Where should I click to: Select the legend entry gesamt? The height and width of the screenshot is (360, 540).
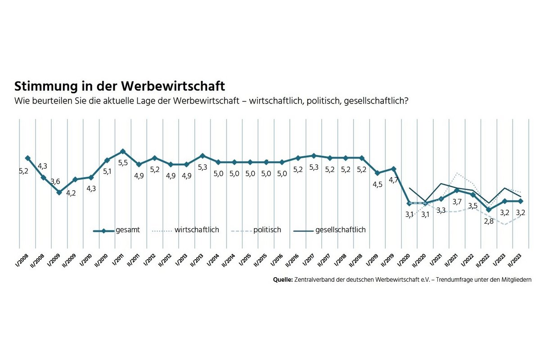pos(127,230)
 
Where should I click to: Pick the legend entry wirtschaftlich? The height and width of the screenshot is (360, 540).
pos(197,230)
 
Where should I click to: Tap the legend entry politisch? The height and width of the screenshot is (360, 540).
pos(267,230)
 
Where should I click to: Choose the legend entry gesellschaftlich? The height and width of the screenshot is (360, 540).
pos(340,230)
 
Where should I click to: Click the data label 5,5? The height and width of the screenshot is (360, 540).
pos(123,162)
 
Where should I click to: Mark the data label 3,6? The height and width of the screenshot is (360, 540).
pos(54,182)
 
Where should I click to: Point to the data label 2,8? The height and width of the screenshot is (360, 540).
pos(489,221)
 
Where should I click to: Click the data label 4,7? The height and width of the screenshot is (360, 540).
pos(394,180)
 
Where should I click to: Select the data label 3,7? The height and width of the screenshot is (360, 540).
pos(457,202)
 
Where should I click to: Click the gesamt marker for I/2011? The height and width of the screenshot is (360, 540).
pos(123,151)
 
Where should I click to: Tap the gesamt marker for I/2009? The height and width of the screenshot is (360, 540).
pos(59,192)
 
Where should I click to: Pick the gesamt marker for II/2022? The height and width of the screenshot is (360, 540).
pos(489,210)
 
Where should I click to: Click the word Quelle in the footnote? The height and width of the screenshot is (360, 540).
pos(283,279)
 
